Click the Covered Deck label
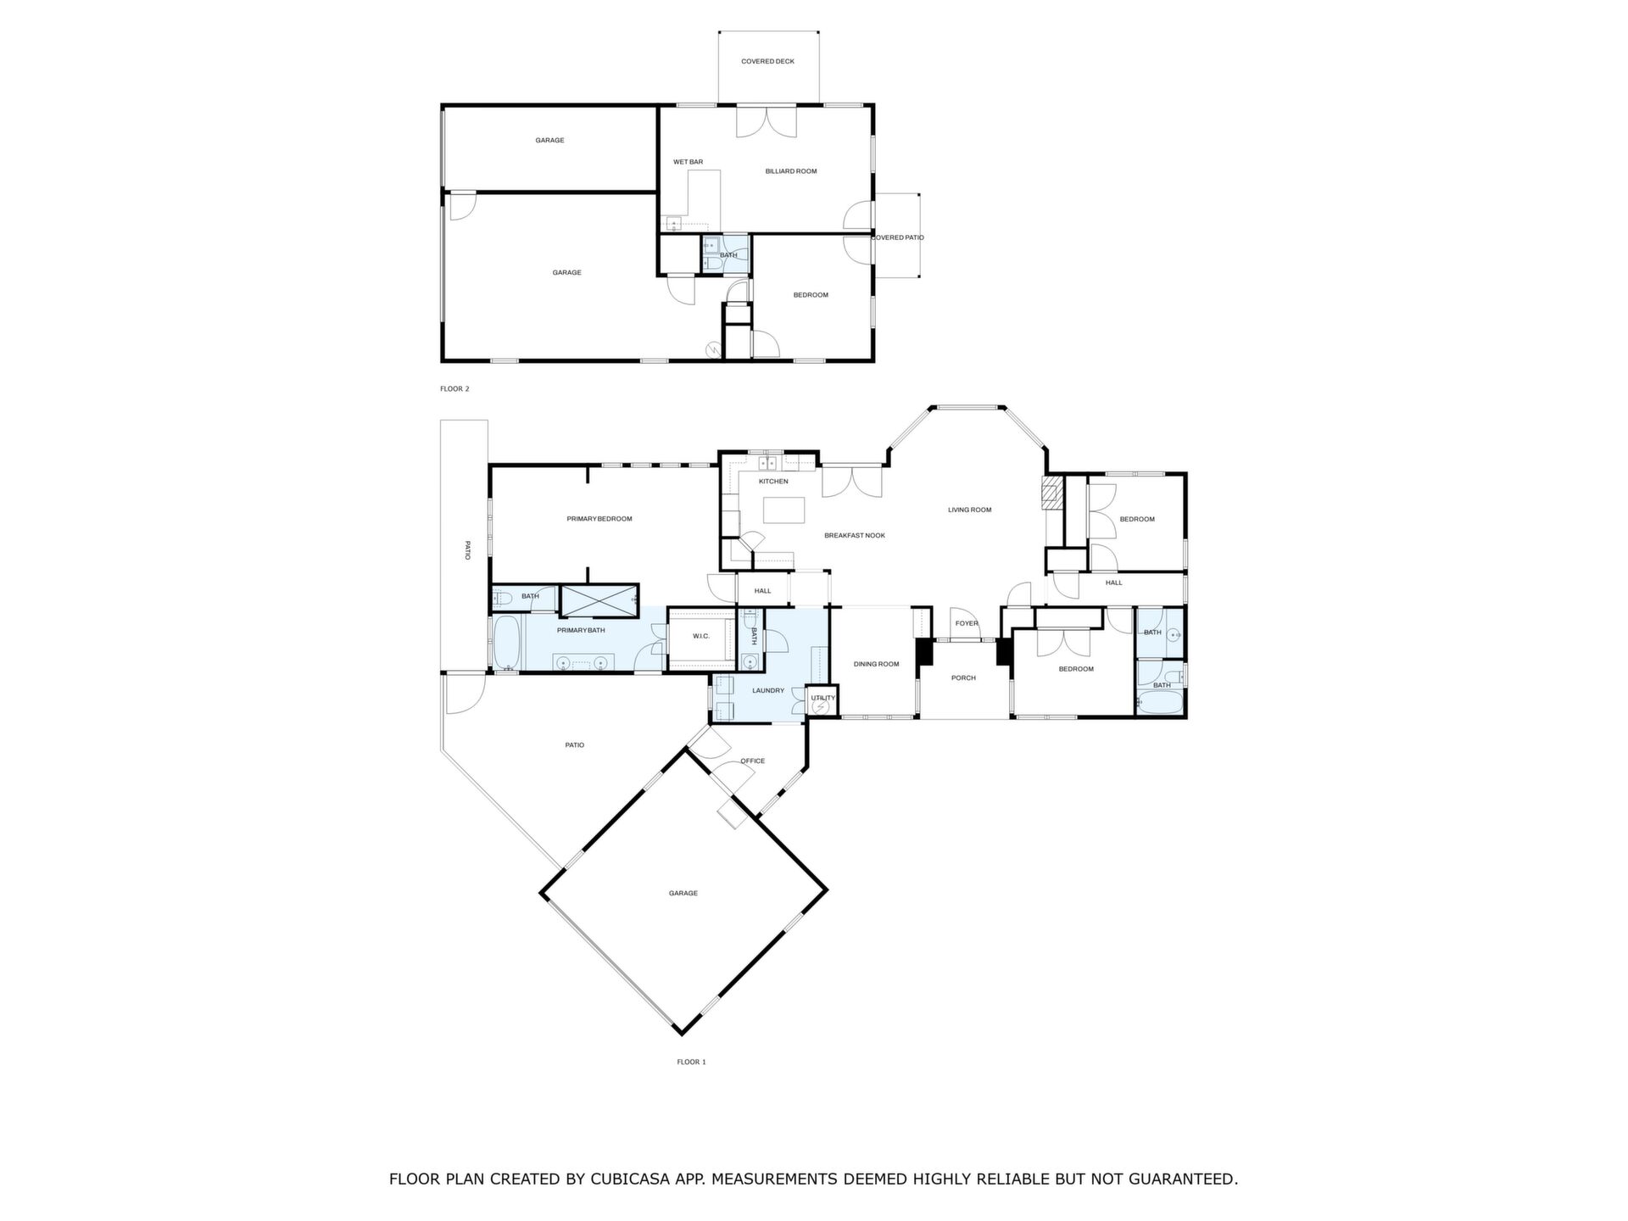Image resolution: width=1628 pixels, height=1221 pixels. [x=767, y=62]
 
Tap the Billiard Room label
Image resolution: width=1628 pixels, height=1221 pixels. [x=791, y=171]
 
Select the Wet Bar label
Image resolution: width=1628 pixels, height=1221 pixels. [x=688, y=162]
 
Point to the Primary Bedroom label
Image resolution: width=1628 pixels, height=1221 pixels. [x=599, y=519]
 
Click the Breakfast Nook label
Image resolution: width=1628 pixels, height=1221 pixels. [x=855, y=536]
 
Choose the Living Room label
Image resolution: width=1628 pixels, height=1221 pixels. [x=969, y=510]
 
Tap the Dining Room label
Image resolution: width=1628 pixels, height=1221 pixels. [x=876, y=664]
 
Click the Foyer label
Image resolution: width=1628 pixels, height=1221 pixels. [x=967, y=623]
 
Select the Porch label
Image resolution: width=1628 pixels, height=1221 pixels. [x=963, y=678]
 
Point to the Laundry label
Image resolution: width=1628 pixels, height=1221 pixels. [x=768, y=691]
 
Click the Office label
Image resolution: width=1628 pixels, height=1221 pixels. [x=752, y=761]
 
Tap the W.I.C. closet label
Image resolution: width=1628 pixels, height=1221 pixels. [x=700, y=636]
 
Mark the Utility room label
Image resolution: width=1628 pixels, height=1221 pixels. [x=822, y=698]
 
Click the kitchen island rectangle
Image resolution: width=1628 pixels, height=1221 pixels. [x=784, y=510]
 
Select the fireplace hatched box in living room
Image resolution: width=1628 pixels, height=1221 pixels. [x=1051, y=493]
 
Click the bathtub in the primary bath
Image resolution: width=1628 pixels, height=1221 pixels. [x=507, y=642]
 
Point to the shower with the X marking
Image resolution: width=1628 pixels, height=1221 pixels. [x=598, y=599]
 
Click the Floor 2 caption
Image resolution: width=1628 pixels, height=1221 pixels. [x=454, y=389]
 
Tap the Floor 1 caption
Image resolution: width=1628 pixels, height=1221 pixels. [x=691, y=1062]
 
